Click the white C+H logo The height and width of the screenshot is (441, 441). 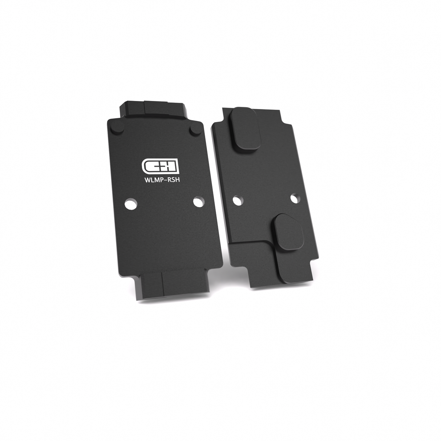(159, 165)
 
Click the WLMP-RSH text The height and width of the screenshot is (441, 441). (160, 178)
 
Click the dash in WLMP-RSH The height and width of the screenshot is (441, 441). (162, 179)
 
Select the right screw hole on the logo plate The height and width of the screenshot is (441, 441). (198, 202)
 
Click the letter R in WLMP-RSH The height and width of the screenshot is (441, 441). (165, 178)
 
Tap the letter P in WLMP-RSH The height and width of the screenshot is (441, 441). (158, 178)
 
